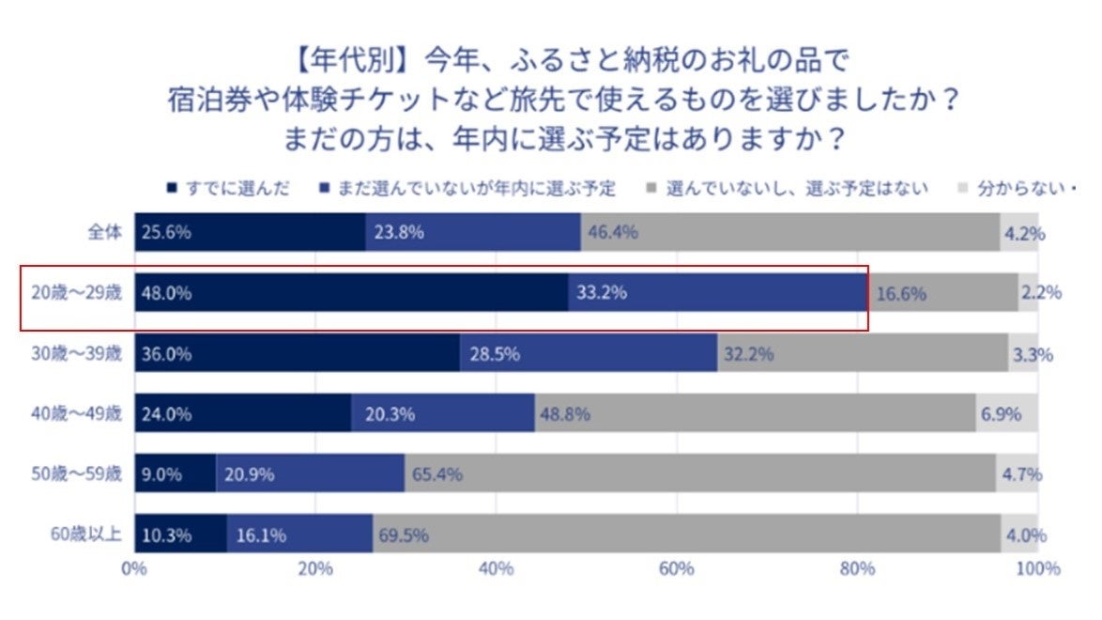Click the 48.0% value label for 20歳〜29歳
tap(166, 293)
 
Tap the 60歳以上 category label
tap(86, 535)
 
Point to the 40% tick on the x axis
tap(496, 569)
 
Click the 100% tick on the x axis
tap(1038, 569)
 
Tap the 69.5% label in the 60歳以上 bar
tap(404, 535)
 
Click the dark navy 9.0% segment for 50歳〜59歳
tap(176, 474)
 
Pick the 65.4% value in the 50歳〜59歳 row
tap(436, 474)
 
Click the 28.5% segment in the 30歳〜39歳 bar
tap(589, 354)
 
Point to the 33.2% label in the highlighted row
tap(602, 293)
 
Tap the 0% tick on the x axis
tap(134, 569)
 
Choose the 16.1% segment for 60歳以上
tap(299, 535)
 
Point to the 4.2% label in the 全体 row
tap(1024, 233)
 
